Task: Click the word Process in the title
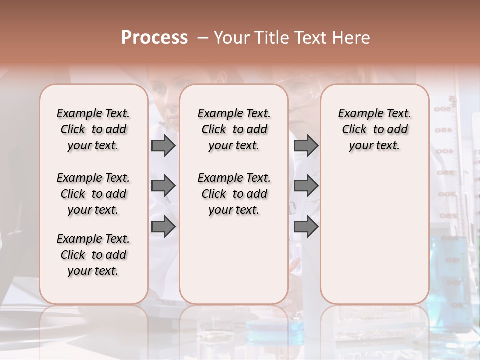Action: (x=154, y=38)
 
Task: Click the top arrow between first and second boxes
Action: (x=163, y=145)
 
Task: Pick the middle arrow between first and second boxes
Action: (x=163, y=186)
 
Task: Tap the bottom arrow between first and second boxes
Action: (x=163, y=227)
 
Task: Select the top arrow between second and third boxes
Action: (x=306, y=145)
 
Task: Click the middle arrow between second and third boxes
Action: (x=306, y=186)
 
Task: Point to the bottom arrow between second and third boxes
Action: (x=306, y=227)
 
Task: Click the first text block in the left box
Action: (x=93, y=129)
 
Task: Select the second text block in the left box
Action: (x=93, y=194)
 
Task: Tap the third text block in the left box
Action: (x=93, y=255)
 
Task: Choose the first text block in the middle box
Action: (x=234, y=129)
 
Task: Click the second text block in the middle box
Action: (x=234, y=194)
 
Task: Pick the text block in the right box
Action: (x=375, y=129)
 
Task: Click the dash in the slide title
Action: (x=203, y=38)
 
